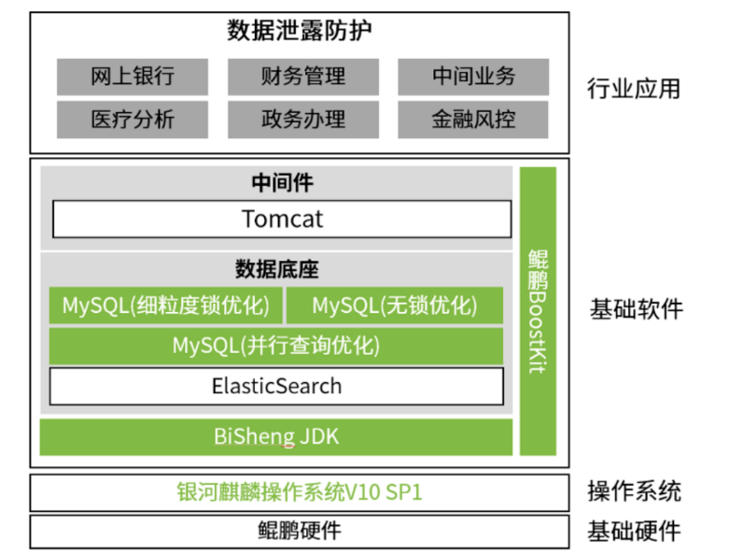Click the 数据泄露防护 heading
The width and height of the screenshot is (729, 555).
click(x=299, y=31)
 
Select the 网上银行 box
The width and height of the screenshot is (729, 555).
click(x=132, y=77)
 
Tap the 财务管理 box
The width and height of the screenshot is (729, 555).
click(x=302, y=77)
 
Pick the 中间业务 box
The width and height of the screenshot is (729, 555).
click(x=473, y=77)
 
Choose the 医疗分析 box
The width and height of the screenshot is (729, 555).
click(x=132, y=119)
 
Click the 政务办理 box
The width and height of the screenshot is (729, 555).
click(x=302, y=119)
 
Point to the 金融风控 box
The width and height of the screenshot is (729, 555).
click(x=473, y=119)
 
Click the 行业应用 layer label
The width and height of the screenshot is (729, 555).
click(x=634, y=89)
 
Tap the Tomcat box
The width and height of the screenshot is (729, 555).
click(x=281, y=219)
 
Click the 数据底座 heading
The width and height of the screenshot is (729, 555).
click(x=276, y=270)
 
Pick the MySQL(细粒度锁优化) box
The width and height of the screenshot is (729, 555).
click(x=164, y=306)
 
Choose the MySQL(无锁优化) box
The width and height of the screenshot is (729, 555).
click(x=394, y=306)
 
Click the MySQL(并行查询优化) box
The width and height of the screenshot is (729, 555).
click(x=276, y=346)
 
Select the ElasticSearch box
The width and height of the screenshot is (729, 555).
click(x=276, y=386)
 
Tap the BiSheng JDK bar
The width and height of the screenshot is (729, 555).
click(x=276, y=436)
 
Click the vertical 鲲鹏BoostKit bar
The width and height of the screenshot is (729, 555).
click(x=538, y=311)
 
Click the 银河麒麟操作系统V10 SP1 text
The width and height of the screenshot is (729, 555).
click(x=300, y=491)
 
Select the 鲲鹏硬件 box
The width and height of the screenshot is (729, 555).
click(x=300, y=531)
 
